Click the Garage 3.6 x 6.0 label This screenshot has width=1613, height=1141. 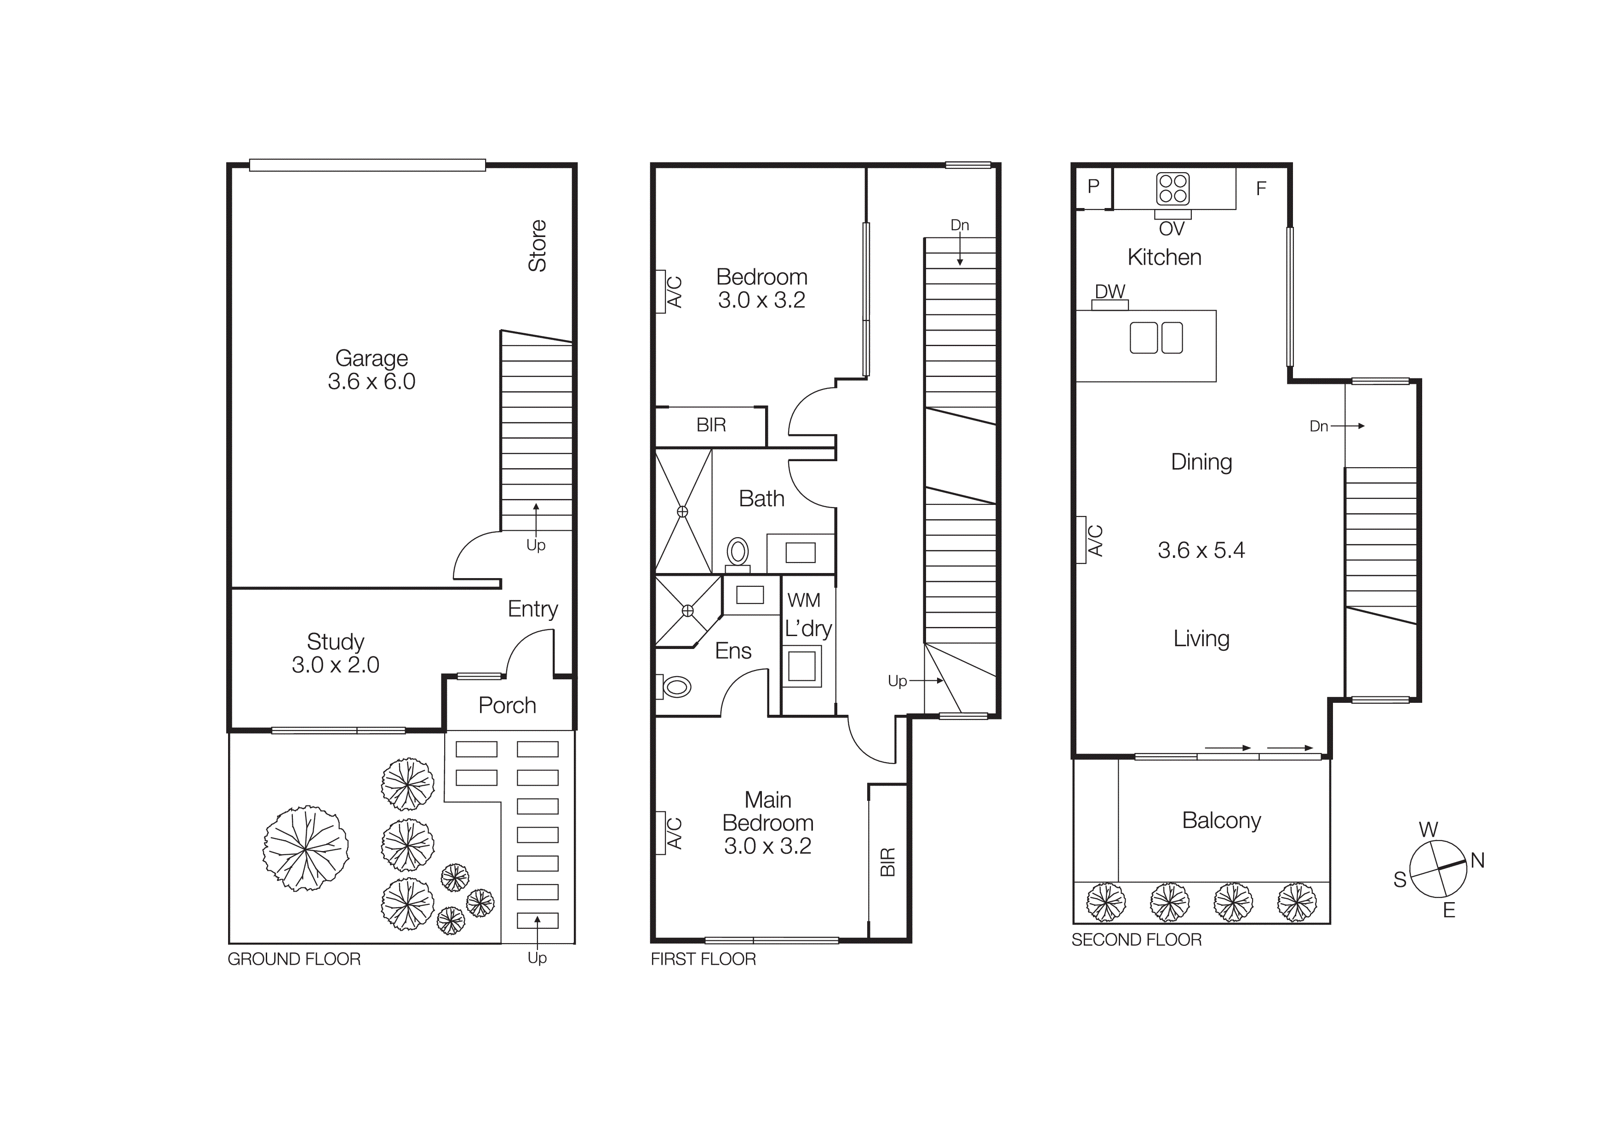371,370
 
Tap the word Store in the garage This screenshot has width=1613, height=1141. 538,246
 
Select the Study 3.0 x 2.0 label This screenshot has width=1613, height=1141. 335,653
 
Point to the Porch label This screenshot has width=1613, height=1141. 507,705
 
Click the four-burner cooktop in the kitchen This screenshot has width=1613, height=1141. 1173,188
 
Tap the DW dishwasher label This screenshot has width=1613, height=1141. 1110,291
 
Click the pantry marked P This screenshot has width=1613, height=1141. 1093,186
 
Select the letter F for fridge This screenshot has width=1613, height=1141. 1261,188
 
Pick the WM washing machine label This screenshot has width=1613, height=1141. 804,600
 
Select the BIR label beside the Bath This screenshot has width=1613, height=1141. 711,425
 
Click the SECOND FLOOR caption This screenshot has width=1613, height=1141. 1136,940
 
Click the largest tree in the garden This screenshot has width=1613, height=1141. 306,849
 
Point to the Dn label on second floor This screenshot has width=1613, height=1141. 1319,426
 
